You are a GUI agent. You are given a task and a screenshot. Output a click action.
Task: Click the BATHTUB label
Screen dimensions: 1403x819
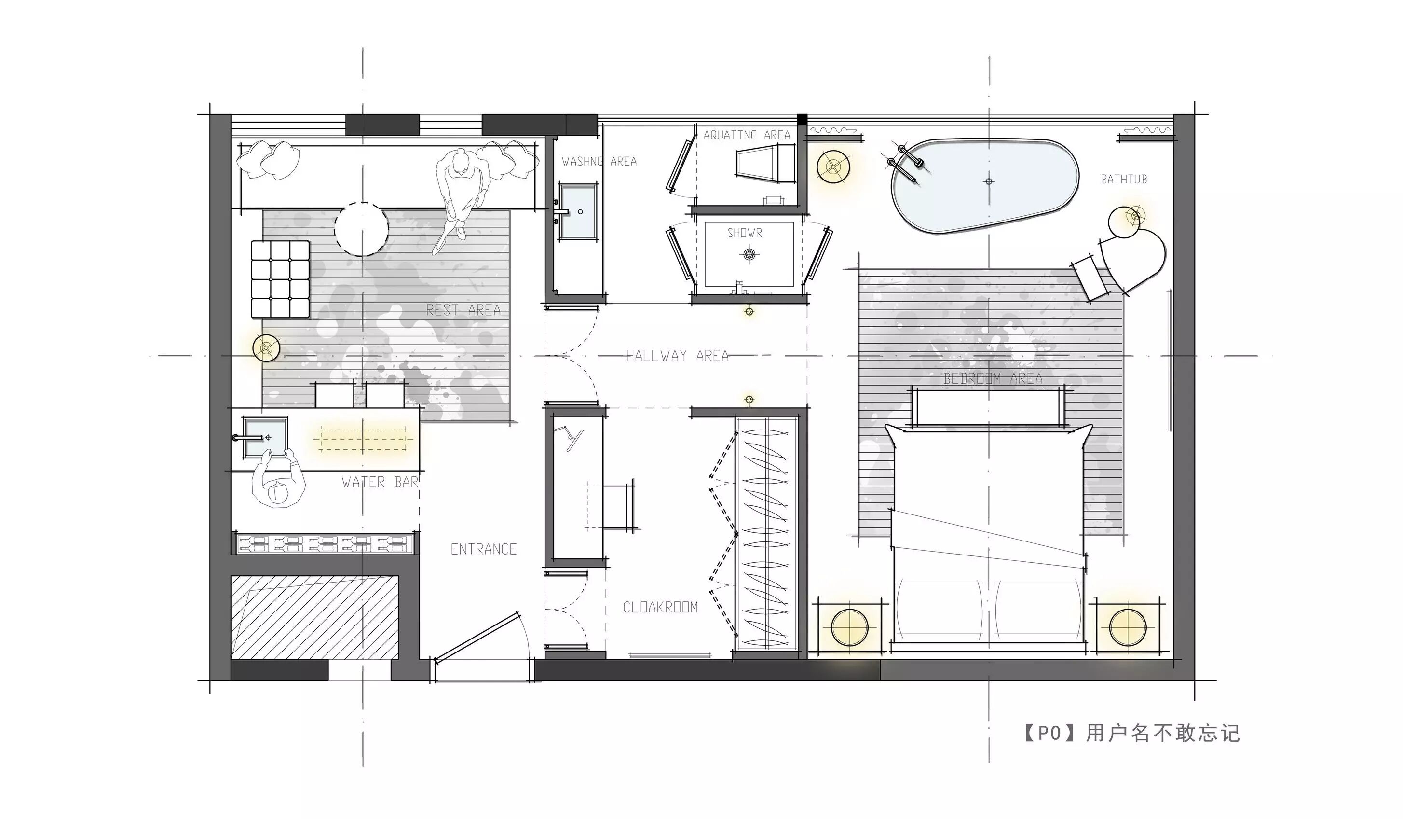coord(1124,180)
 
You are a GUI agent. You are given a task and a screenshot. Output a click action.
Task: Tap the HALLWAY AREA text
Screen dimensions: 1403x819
coord(677,356)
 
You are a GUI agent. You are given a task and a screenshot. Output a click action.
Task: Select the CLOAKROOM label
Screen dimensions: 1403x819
coord(660,607)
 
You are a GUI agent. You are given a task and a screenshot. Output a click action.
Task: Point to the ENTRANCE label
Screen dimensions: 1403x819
coord(483,549)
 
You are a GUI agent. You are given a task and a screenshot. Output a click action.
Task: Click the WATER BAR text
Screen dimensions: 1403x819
coord(380,483)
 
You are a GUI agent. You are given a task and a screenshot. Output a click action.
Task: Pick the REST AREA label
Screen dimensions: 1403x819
coord(463,310)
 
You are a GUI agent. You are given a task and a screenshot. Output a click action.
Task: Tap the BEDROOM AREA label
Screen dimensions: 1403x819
coord(993,379)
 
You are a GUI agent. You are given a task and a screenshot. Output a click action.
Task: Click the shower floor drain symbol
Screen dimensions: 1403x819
coord(749,255)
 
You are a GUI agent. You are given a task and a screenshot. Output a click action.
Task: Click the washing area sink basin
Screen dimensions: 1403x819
coord(577,212)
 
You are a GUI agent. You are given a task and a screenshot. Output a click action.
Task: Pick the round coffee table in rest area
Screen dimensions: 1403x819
coord(361,229)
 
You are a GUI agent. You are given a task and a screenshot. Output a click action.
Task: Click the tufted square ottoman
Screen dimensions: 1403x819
coord(280,279)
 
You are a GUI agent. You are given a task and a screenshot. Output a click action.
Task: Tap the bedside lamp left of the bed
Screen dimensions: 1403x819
coord(849,627)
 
